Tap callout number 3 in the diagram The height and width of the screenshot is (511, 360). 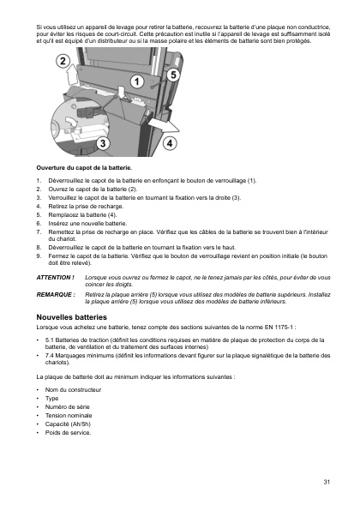click(104, 143)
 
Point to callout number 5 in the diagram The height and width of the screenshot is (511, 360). click(173, 75)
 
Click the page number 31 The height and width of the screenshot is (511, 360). click(327, 482)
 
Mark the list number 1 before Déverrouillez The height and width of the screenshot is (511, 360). click(39, 181)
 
